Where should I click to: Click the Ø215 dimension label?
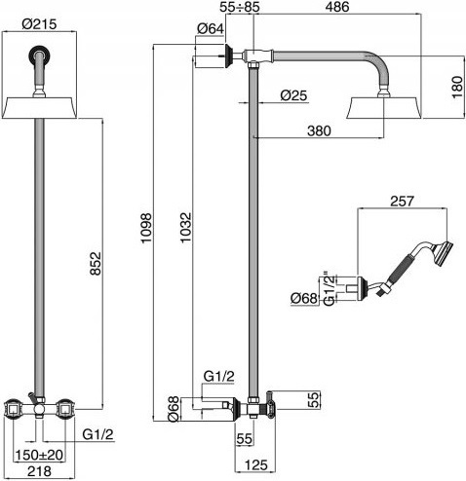pyautogui.click(x=39, y=24)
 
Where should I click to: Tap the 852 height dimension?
pyautogui.click(x=96, y=264)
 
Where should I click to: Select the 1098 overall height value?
pyautogui.click(x=146, y=228)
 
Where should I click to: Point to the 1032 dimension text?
pyautogui.click(x=186, y=227)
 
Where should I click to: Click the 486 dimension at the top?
pyautogui.click(x=337, y=7)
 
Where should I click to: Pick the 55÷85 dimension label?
pyautogui.click(x=240, y=7)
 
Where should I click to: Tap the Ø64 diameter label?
pyautogui.click(x=211, y=28)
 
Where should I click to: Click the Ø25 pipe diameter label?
pyautogui.click(x=293, y=95)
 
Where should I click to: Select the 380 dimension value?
pyautogui.click(x=319, y=130)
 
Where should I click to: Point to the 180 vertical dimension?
pyautogui.click(x=457, y=88)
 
